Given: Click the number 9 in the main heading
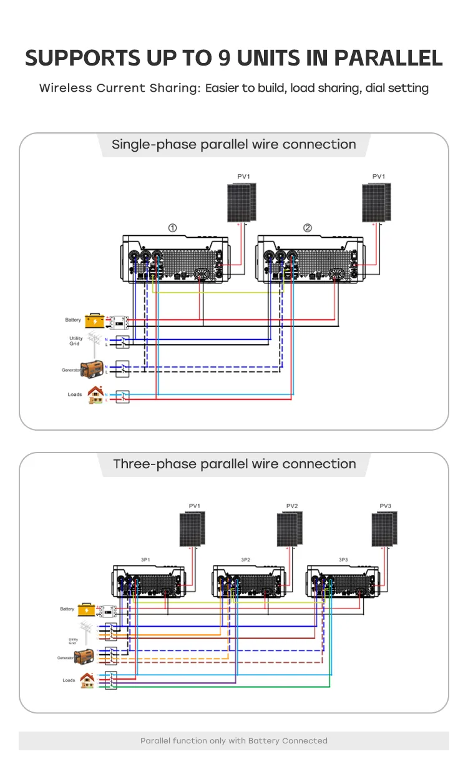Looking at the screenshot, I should coord(225,57).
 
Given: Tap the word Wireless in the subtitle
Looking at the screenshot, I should coord(66,88).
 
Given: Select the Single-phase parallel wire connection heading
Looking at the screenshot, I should coord(233,145).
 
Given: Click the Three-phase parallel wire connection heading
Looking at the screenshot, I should coord(234,464).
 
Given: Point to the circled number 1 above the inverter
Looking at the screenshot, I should coord(172,228).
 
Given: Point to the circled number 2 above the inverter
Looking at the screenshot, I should coord(308,228).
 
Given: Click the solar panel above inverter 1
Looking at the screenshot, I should coord(241,202).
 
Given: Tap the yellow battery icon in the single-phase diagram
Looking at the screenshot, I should coord(95,320).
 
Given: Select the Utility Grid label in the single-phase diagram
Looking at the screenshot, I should coord(76,341).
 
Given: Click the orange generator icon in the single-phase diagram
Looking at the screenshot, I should coord(91,369).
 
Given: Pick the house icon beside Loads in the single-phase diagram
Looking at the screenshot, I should coord(95,394).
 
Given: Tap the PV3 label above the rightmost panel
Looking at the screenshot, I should coord(386,506).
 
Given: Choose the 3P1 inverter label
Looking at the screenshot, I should coord(145,560).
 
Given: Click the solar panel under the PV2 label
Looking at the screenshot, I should coord(290,529).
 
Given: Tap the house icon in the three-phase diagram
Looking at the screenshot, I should coord(87,680).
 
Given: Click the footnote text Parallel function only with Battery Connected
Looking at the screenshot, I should coord(233,741).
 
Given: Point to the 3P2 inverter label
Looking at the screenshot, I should coord(245,560).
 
